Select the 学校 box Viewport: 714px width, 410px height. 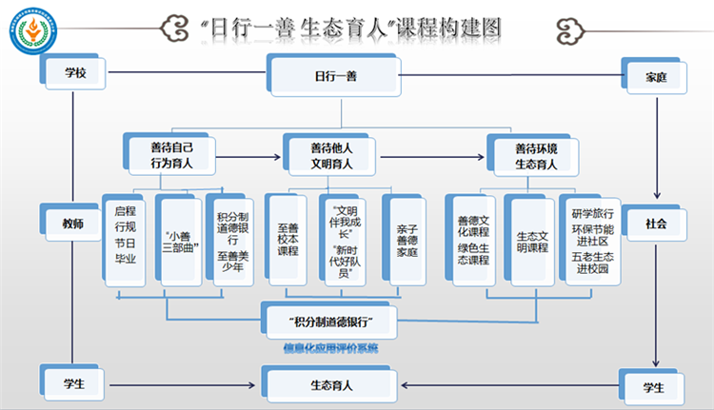72,72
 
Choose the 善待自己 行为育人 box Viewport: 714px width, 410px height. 171,154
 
